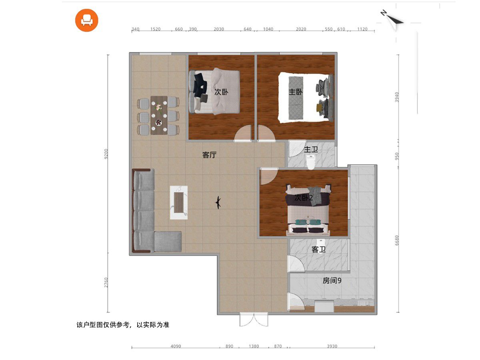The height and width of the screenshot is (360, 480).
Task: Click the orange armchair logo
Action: [x=86, y=20]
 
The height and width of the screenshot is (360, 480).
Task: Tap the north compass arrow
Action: [x=393, y=20]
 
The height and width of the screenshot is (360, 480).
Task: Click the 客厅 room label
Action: [x=209, y=155]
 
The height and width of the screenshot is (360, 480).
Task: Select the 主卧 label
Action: [x=296, y=92]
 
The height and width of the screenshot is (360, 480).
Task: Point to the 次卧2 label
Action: [x=304, y=198]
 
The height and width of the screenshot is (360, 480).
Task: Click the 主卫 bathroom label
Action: [x=311, y=150]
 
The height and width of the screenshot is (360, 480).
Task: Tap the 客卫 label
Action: [x=318, y=249]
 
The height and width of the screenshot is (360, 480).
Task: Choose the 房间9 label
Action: [x=332, y=281]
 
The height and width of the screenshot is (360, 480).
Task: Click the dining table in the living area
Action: [x=159, y=115]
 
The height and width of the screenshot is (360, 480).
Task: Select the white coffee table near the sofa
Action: [x=179, y=203]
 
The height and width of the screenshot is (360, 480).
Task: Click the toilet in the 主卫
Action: [x=310, y=162]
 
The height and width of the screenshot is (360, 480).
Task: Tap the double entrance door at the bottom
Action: [x=254, y=320]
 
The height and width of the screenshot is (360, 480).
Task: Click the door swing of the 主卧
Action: [x=266, y=133]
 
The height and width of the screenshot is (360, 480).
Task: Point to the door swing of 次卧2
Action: [x=269, y=176]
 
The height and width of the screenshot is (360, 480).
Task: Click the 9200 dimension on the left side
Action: [x=106, y=154]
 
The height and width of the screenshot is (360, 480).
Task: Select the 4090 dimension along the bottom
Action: [x=176, y=346]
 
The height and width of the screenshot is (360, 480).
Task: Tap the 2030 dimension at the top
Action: [x=219, y=29]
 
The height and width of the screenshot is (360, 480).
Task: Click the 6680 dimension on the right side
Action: [x=397, y=240]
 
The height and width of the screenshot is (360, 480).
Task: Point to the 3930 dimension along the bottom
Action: [x=332, y=346]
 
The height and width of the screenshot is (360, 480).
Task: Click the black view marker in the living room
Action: [x=218, y=203]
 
